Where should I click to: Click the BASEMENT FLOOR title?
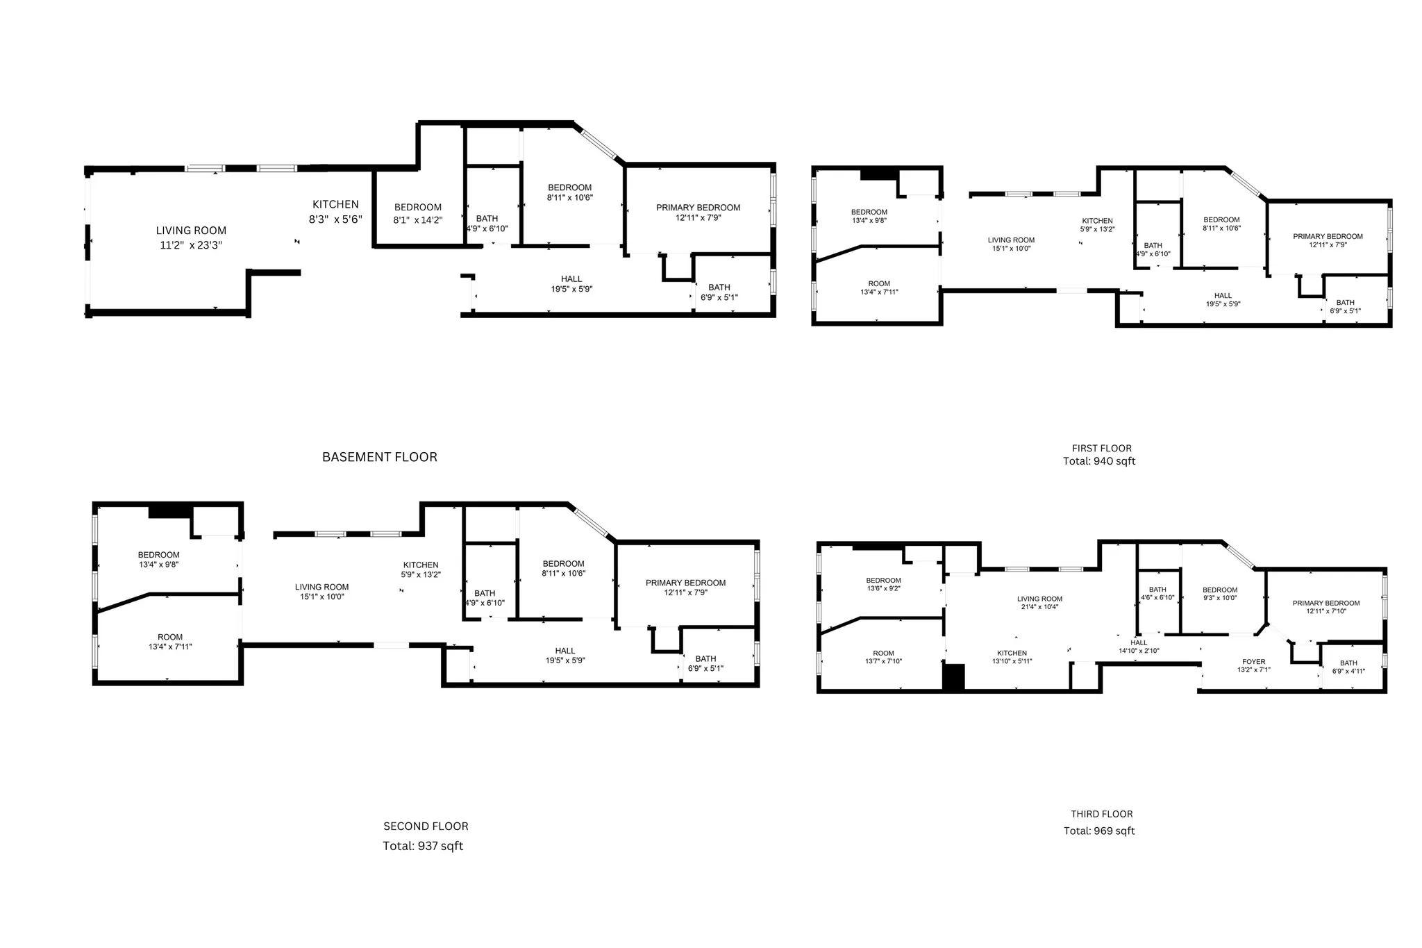[379, 457]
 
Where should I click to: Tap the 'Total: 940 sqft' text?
[1099, 461]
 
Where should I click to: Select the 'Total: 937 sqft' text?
[423, 846]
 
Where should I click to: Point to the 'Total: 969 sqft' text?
[1099, 831]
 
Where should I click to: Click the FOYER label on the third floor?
[1253, 666]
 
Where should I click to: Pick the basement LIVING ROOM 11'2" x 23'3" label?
[191, 238]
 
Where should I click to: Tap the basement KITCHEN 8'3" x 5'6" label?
[335, 211]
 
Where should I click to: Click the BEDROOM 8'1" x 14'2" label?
[418, 213]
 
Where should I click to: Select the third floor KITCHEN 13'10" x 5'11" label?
[1012, 657]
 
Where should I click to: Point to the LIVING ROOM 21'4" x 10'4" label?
[1039, 603]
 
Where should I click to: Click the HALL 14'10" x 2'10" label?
[1139, 647]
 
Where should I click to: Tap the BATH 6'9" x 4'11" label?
[1348, 667]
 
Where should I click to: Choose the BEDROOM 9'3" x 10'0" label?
[1220, 594]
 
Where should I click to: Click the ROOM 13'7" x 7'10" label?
[883, 657]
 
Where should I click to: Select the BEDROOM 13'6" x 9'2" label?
[883, 584]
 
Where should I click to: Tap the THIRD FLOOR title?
[1101, 814]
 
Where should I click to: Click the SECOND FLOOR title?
[426, 826]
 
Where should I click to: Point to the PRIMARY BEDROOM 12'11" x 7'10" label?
[1325, 607]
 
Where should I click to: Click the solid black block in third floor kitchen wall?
[954, 677]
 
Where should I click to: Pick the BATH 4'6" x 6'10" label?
[1157, 593]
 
